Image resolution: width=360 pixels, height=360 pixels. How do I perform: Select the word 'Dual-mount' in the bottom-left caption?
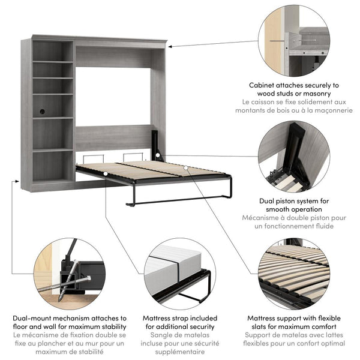34,319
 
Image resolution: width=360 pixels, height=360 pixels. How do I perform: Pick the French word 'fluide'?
319,226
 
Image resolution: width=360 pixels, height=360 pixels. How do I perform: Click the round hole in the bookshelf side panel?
43,111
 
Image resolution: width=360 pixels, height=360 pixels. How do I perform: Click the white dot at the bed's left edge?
106,174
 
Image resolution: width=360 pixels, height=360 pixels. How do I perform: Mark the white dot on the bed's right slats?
187,168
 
